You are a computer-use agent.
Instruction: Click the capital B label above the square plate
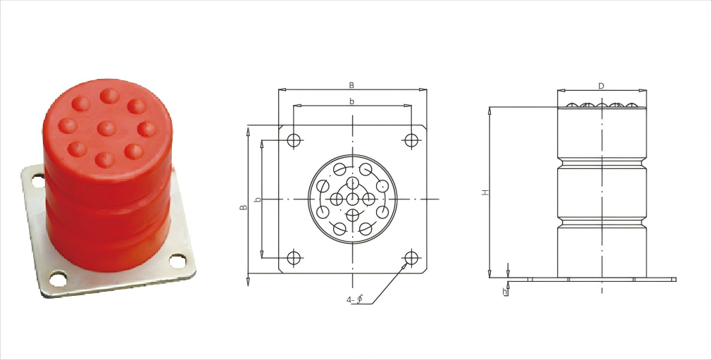pos(351,85)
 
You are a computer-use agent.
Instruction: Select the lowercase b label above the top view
pos(352,101)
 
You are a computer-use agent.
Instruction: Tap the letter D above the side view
pos(601,86)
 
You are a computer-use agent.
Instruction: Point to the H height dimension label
pos(486,192)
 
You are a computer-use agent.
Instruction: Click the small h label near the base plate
pos(504,292)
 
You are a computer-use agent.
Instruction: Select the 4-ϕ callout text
pos(355,299)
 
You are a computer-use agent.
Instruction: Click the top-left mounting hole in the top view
pos(294,140)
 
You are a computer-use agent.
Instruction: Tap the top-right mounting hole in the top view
pos(411,140)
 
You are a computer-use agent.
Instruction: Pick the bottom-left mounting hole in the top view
pos(294,258)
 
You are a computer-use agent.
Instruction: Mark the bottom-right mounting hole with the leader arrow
pos(411,258)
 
